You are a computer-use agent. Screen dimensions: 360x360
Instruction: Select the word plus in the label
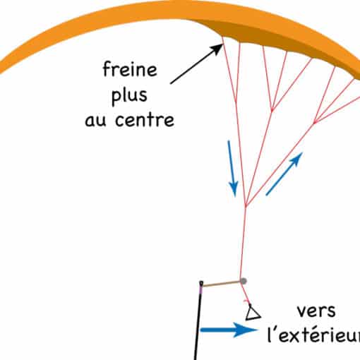[129, 96]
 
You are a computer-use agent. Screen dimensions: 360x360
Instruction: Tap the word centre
[145, 119]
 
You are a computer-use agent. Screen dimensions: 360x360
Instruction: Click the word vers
[316, 311]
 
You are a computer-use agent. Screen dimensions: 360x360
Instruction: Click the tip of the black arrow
[222, 44]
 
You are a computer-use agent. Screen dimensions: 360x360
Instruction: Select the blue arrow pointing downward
[232, 168]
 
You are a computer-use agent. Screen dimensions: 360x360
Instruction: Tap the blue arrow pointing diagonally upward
[284, 174]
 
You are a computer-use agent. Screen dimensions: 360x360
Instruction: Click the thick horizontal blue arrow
[229, 330]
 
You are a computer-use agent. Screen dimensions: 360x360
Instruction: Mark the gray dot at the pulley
[244, 281]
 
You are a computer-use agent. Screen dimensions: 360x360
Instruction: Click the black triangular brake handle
[253, 313]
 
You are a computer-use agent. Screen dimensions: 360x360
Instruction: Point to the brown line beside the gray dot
[221, 284]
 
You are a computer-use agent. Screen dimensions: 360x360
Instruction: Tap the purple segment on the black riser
[200, 290]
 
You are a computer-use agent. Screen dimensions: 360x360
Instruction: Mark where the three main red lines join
[246, 205]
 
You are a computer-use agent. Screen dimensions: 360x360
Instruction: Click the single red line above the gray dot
[243, 242]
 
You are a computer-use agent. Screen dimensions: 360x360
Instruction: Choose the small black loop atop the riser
[201, 283]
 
